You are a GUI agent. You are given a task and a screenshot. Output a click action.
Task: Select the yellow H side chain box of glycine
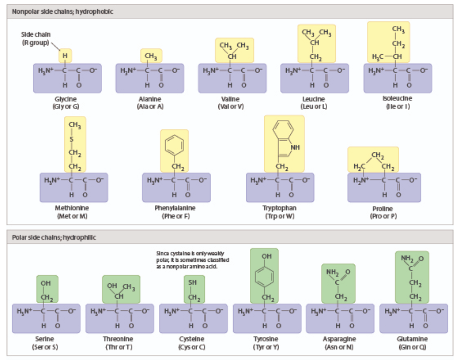point(65,55)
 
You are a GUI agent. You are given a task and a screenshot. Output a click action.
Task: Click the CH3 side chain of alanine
point(151,55)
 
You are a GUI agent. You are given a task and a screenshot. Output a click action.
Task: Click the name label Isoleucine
point(397,98)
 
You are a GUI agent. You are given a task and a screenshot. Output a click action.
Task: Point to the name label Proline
point(382,209)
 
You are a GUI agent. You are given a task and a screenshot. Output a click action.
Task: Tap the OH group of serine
point(47,282)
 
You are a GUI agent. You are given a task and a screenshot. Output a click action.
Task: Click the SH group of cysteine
point(192,282)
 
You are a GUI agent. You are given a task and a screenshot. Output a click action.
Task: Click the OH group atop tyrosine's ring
point(266,255)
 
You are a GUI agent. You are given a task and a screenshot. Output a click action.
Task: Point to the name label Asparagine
point(338,339)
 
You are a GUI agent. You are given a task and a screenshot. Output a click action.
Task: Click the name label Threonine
point(118,339)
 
